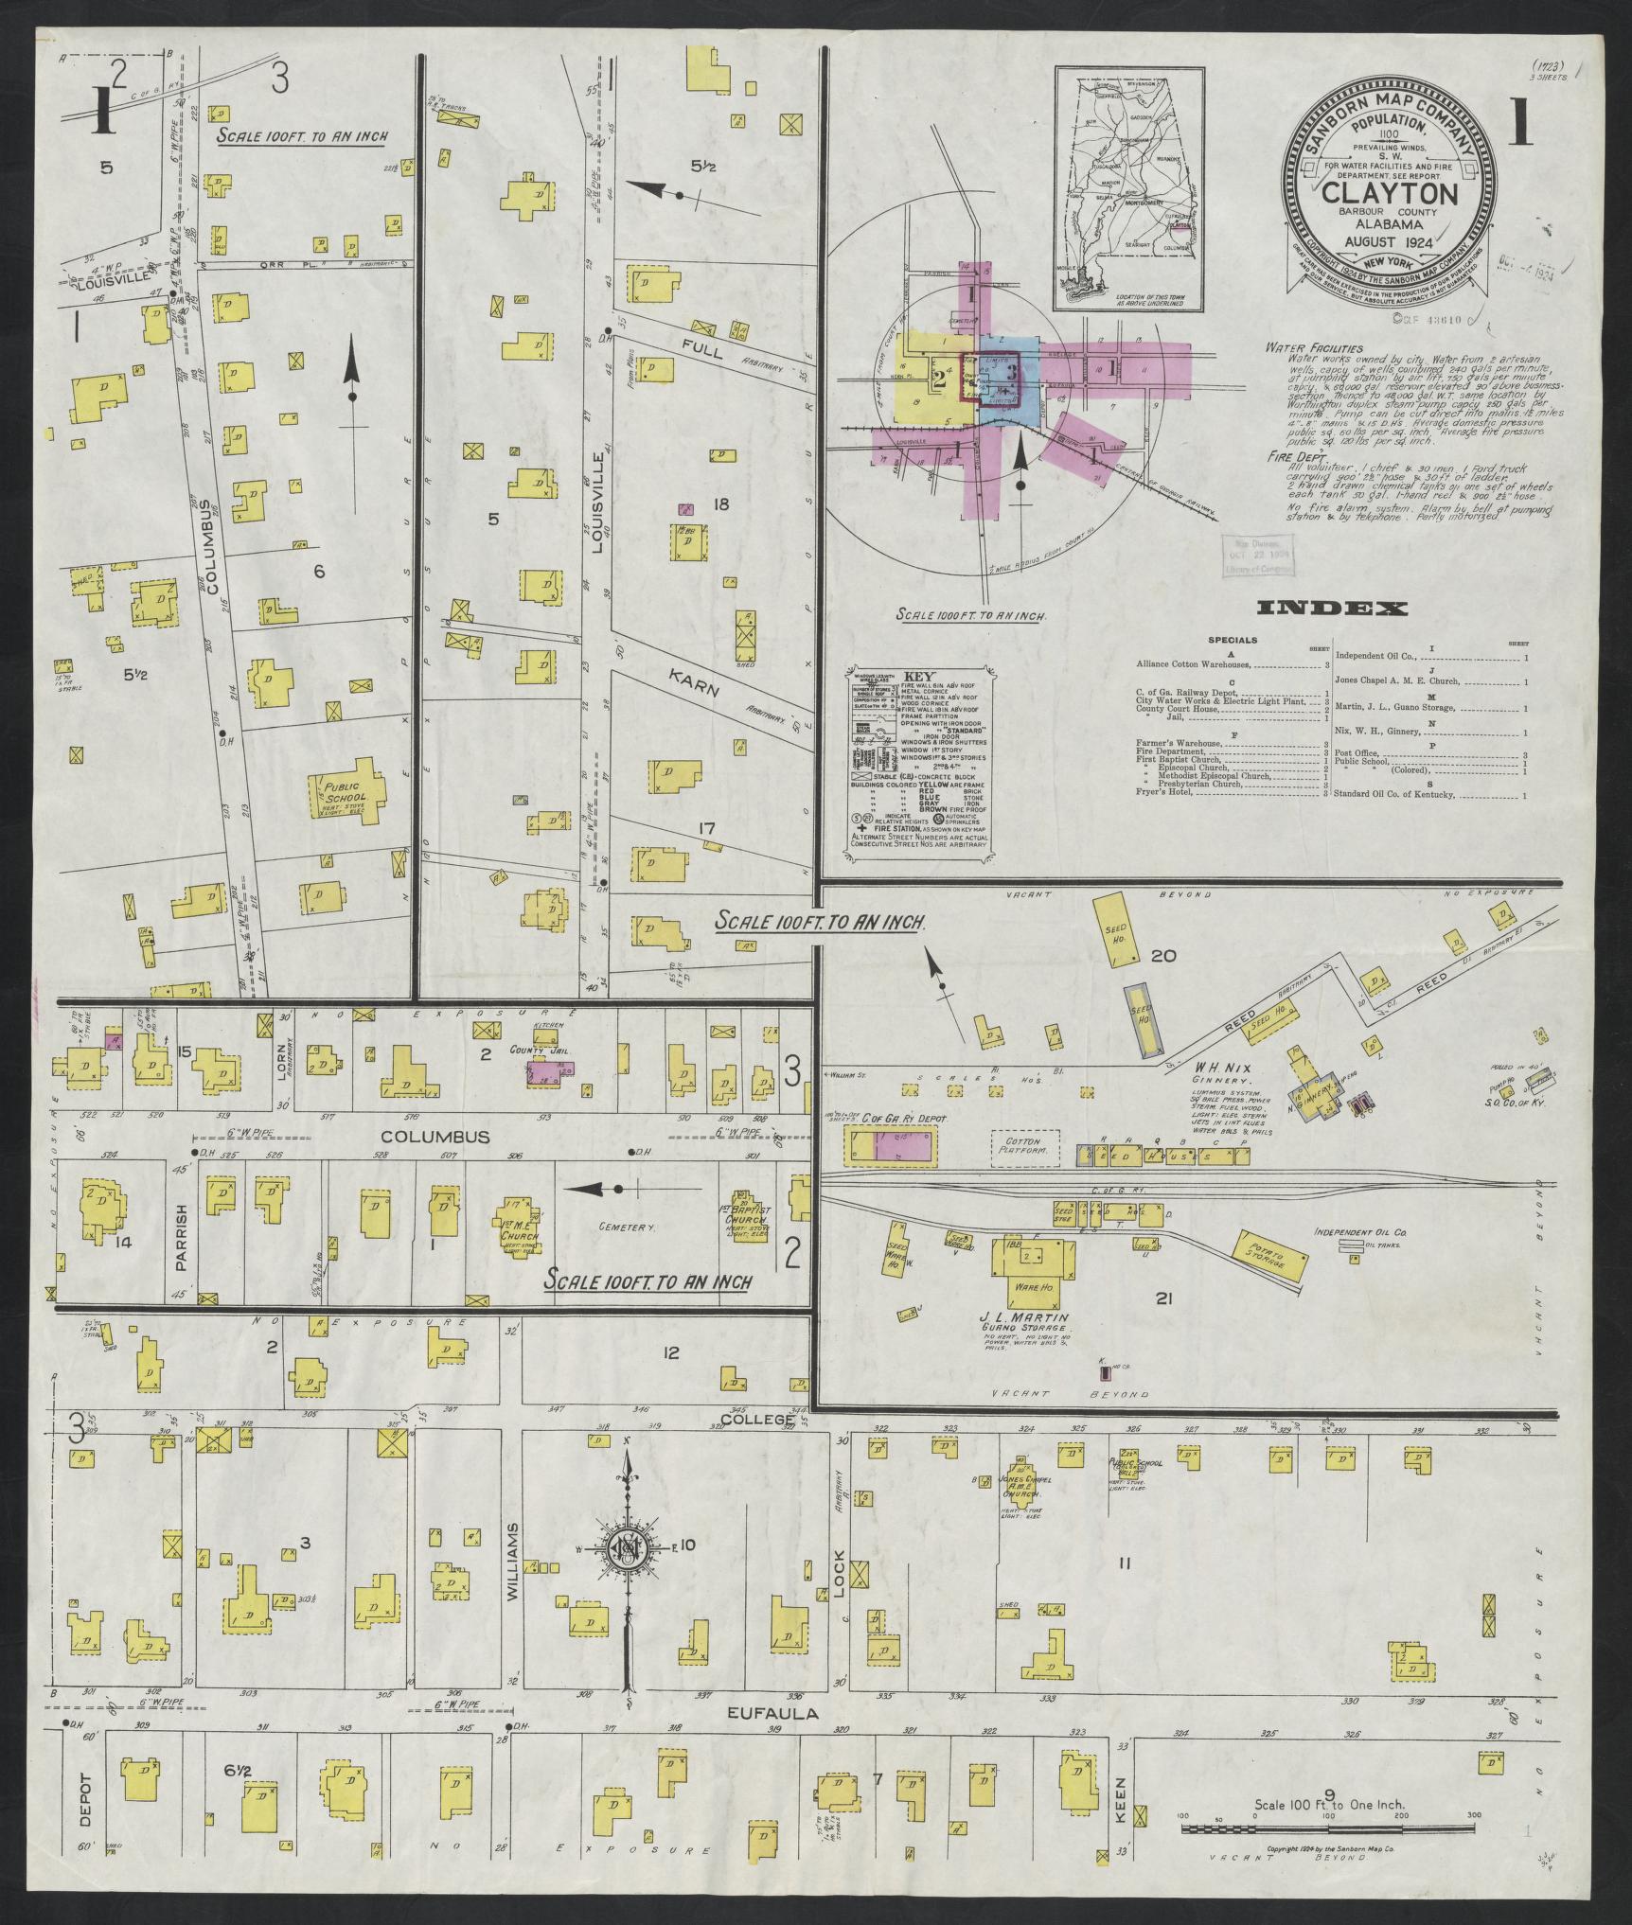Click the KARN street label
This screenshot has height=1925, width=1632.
tap(695, 683)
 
